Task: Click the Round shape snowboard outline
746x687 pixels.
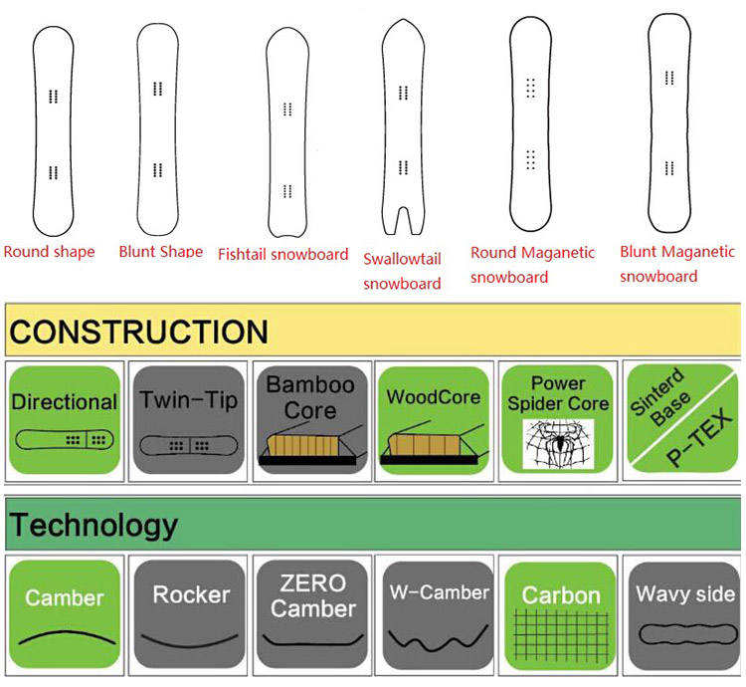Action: tap(53, 129)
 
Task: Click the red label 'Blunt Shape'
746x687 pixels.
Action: tap(160, 252)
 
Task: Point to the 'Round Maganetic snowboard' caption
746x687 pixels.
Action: tap(532, 265)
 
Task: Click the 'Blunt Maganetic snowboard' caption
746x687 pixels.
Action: tap(677, 265)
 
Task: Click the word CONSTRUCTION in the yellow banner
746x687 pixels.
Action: tap(139, 332)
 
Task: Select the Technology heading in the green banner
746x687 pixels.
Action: tap(93, 525)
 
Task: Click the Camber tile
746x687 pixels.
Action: tap(65, 612)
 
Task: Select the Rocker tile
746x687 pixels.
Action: tap(189, 612)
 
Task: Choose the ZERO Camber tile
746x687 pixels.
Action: tap(311, 612)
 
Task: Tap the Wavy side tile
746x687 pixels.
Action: tap(684, 612)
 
